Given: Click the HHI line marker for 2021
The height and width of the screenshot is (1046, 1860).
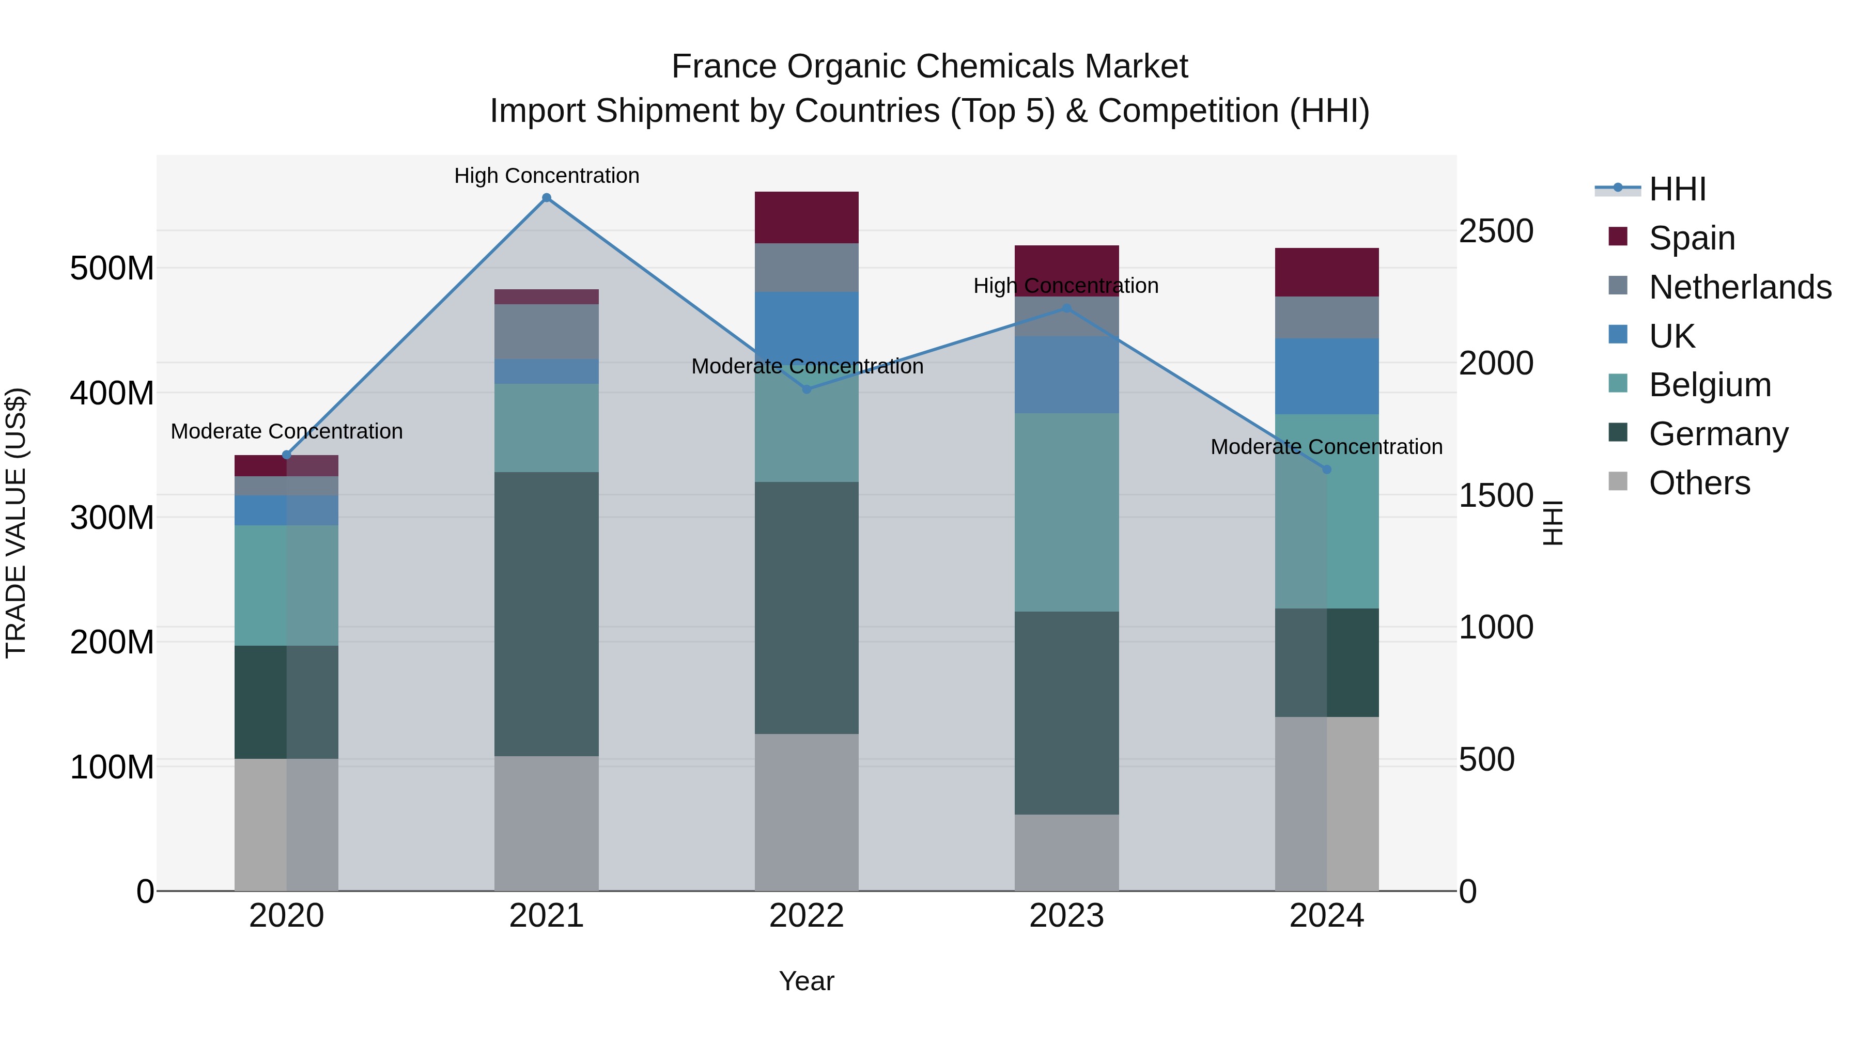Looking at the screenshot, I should tap(547, 198).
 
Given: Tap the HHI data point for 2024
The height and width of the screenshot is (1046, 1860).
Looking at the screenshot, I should tap(1326, 469).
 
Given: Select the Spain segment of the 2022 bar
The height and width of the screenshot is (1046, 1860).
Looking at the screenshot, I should tap(807, 217).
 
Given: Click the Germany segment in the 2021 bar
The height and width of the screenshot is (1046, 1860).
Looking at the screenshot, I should tap(547, 614).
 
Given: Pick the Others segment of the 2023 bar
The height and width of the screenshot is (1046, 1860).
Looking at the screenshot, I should tap(1066, 852).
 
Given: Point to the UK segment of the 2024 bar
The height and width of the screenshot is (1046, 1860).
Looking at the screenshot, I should tap(1326, 376).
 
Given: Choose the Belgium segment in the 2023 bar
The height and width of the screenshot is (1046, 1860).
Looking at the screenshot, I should tap(1066, 512).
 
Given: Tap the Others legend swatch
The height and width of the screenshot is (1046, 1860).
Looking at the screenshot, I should tap(1618, 481).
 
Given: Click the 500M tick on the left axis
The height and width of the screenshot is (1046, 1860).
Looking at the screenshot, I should tap(112, 269).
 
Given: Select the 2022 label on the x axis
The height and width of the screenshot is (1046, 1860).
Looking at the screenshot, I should tap(807, 916).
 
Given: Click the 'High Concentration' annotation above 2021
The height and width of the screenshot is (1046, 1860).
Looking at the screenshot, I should tap(547, 176).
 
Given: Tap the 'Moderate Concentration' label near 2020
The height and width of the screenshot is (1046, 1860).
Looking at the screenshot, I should tap(287, 431).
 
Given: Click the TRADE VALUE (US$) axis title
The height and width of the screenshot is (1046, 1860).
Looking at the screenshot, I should tap(16, 523).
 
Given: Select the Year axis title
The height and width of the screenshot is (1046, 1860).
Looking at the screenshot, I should tap(807, 981).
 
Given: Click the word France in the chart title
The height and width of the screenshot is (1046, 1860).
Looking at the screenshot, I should tap(724, 67).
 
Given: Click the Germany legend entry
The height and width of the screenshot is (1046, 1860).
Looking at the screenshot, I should tap(1718, 434).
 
